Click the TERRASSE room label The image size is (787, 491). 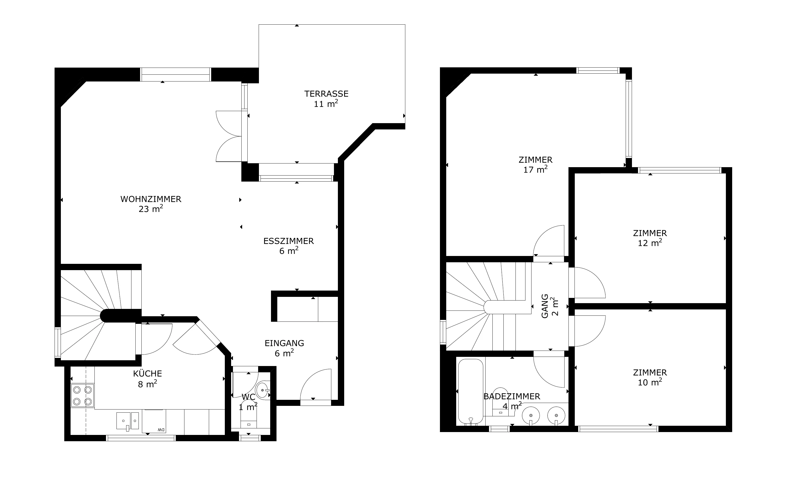coord(326,94)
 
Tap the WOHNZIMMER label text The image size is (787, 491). coord(151,199)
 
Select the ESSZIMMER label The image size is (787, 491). coord(288,241)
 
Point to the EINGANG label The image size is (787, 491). coord(284,343)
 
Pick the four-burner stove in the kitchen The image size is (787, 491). coord(83,396)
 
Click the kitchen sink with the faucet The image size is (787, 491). coord(128,421)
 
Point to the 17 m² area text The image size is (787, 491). coord(535,169)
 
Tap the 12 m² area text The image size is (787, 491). coord(650,243)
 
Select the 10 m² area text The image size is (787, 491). coord(650,382)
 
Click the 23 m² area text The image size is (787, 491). coord(151,209)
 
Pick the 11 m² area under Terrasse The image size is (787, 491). coord(326,103)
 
